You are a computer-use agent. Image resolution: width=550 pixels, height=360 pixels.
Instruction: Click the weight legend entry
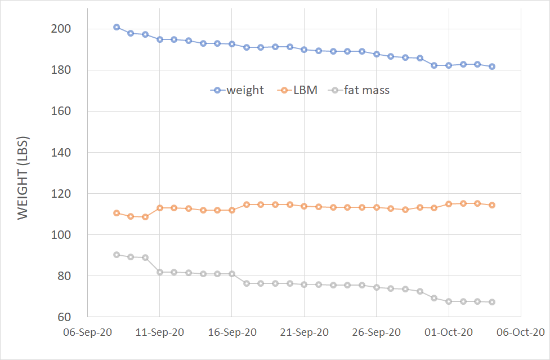(237, 90)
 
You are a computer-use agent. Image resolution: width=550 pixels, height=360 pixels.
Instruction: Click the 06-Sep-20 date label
(87, 332)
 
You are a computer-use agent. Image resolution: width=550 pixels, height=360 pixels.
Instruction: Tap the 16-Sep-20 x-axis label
(232, 332)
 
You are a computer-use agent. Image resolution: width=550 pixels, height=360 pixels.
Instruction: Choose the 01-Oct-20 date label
(449, 332)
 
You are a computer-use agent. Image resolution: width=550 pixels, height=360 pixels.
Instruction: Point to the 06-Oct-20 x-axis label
(521, 332)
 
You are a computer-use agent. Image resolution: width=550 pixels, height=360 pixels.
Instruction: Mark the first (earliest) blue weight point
(117, 27)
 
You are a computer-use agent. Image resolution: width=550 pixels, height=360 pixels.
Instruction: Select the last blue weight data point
(492, 66)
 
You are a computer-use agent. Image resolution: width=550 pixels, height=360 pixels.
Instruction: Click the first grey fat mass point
(117, 255)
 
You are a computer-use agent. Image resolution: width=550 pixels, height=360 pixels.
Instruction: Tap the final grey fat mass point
(492, 302)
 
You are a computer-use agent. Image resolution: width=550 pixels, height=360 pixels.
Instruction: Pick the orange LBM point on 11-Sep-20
(160, 208)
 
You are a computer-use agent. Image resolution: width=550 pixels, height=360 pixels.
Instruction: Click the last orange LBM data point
(492, 205)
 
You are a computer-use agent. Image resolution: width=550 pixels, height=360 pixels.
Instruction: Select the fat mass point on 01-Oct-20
(449, 301)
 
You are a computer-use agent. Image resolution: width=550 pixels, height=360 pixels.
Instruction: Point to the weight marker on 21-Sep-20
(304, 50)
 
